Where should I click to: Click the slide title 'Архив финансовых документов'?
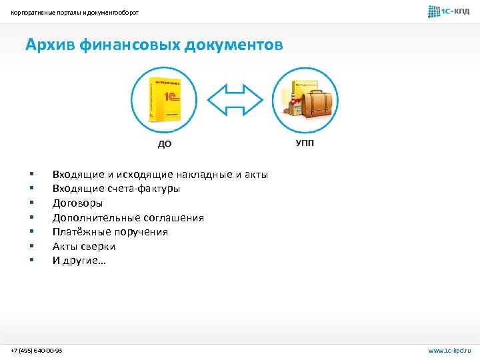pyautogui.click(x=154, y=45)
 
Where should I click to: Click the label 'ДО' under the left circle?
pyautogui.click(x=164, y=143)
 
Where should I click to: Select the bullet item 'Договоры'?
pyautogui.click(x=77, y=203)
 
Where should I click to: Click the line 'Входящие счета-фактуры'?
pyautogui.click(x=116, y=189)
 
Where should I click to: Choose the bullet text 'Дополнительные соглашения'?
pyautogui.click(x=128, y=218)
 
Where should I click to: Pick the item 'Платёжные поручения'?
pyautogui.click(x=110, y=232)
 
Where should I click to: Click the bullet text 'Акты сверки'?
pyautogui.click(x=84, y=247)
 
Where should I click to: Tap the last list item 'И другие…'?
pyautogui.click(x=79, y=261)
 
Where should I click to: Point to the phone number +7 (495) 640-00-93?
pyautogui.click(x=37, y=350)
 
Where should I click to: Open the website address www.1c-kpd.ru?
pyautogui.click(x=449, y=350)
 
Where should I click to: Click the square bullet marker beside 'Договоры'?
pyautogui.click(x=31, y=203)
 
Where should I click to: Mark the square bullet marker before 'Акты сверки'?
pyautogui.click(x=31, y=247)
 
